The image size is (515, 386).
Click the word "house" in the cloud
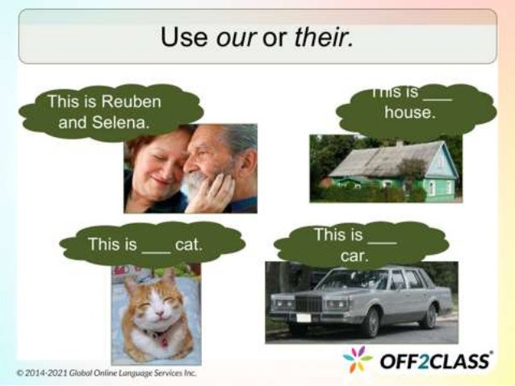pos(409,114)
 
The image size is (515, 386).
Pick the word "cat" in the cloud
pos(188,243)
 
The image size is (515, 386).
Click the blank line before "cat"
pos(156,247)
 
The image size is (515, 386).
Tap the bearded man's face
pos(207,157)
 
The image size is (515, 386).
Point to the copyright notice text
pos(106,372)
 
